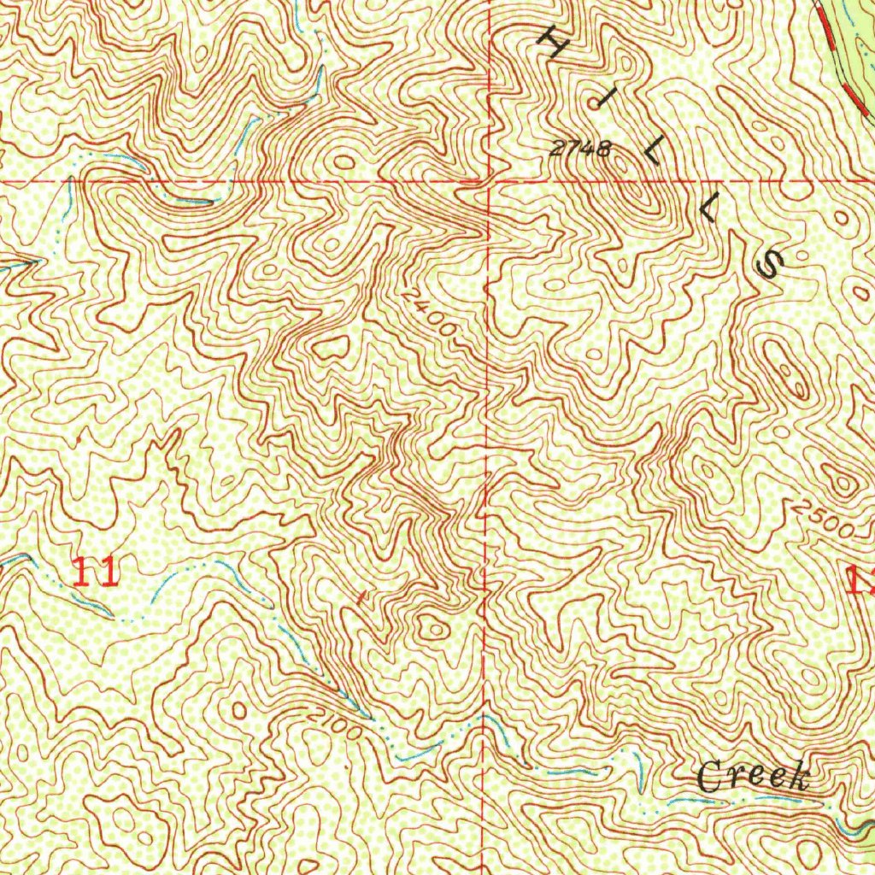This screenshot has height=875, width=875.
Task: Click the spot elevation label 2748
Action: pos(580,149)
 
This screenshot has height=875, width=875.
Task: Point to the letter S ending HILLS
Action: pos(771,265)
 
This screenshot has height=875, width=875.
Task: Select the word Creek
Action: pos(752,777)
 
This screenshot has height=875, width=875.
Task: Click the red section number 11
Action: pos(95,571)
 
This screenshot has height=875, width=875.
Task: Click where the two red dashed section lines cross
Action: pos(487,182)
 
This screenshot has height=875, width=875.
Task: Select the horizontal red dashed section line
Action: pos(256,183)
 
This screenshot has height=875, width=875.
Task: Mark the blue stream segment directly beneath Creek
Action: pos(752,798)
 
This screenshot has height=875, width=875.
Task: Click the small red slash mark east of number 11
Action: pos(362,596)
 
